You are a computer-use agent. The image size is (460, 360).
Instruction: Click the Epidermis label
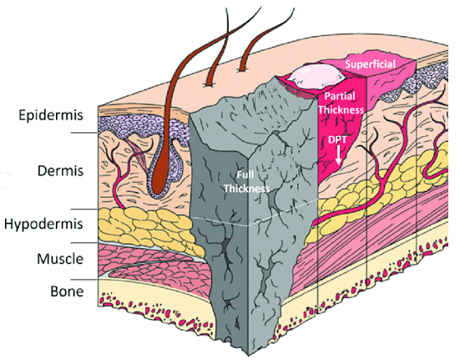click(51, 115)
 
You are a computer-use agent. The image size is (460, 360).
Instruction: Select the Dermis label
click(60, 170)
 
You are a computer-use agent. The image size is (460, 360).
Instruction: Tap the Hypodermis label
click(43, 225)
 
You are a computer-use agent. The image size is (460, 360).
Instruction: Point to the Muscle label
click(60, 259)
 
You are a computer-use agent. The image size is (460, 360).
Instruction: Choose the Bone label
click(67, 292)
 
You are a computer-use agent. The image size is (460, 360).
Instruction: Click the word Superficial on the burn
click(370, 64)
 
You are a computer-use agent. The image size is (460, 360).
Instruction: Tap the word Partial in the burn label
click(340, 96)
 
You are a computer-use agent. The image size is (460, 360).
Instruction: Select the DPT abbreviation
click(337, 139)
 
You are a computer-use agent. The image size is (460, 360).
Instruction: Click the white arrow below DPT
click(339, 155)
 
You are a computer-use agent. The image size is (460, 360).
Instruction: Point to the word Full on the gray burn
click(245, 175)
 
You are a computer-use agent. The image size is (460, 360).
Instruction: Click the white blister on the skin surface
click(316, 77)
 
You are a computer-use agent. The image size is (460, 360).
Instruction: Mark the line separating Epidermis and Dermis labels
click(84, 133)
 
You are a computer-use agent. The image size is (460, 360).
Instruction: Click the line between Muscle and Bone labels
click(84, 280)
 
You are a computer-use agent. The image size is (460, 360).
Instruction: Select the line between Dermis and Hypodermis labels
click(84, 209)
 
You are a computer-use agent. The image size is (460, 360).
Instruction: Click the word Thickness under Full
click(246, 189)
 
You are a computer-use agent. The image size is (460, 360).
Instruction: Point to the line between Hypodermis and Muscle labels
click(84, 242)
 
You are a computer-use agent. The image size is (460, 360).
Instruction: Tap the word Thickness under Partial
click(341, 109)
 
